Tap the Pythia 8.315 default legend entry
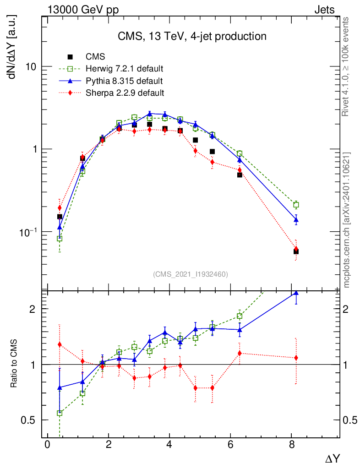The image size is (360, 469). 124,81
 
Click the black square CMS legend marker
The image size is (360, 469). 70,57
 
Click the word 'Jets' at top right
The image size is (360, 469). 324,10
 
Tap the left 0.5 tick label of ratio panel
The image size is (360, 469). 30,420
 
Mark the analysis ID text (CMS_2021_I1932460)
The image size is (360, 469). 191,274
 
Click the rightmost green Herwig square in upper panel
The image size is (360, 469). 296,205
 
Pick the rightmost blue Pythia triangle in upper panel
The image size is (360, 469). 296,220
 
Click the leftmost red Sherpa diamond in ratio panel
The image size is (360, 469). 60,344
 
